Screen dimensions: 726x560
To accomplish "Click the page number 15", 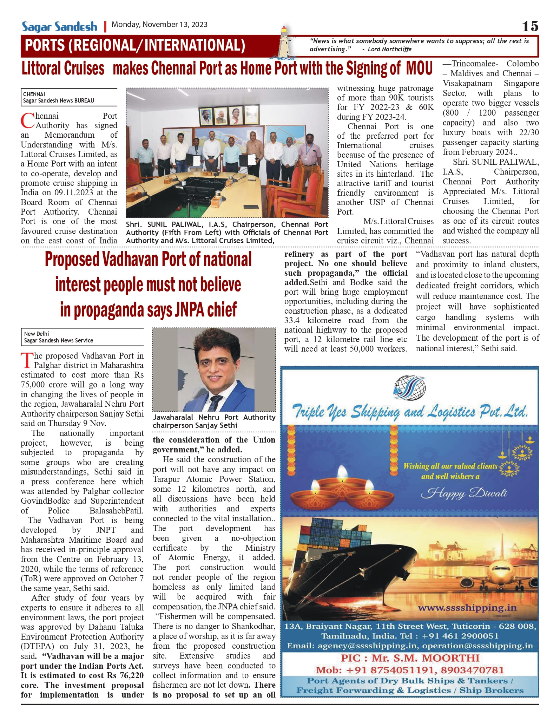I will pyautogui.click(x=530, y=26).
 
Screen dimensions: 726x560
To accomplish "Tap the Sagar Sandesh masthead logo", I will pyautogui.click(x=59, y=27).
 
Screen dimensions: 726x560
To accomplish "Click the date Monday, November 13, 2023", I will pyautogui.click(x=159, y=25).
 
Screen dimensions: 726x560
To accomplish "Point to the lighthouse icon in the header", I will pyautogui.click(x=284, y=42).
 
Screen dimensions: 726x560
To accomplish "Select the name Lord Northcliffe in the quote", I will pyautogui.click(x=389, y=49).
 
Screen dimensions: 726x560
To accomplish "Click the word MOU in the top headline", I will pyautogui.click(x=419, y=68).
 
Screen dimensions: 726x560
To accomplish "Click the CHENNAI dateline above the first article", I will pyautogui.click(x=34, y=94).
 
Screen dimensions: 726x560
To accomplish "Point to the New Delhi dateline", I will pyautogui.click(x=37, y=334).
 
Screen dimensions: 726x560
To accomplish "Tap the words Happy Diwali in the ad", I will pyautogui.click(x=464, y=493).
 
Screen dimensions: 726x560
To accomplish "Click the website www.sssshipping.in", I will pyautogui.click(x=467, y=608).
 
